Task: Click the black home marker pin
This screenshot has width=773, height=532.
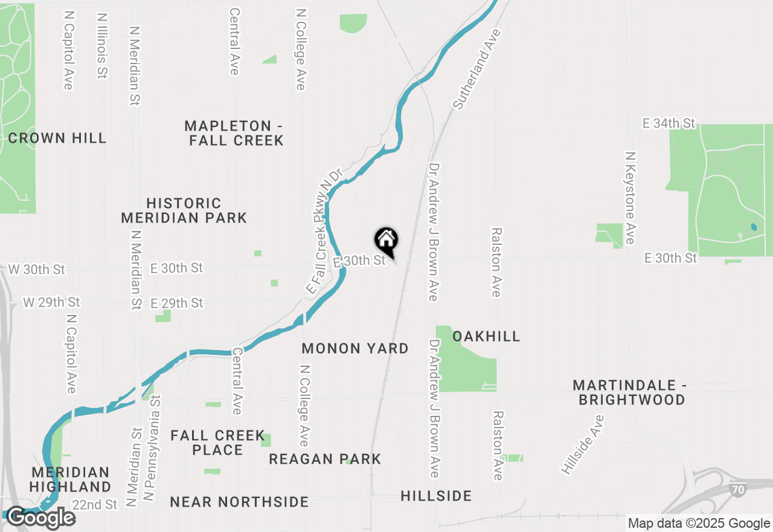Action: coord(386,241)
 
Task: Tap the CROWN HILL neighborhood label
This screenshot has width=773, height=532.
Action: coord(57,138)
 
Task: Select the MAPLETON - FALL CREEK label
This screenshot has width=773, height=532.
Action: coord(234,133)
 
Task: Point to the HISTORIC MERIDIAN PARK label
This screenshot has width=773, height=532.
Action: coord(184,210)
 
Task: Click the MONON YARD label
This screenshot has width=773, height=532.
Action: coord(355,348)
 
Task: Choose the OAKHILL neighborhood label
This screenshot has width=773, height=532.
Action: coord(486,336)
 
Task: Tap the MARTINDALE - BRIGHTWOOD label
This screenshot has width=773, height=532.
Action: coord(629,392)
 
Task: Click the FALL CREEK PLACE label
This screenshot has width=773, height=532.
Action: coord(217,443)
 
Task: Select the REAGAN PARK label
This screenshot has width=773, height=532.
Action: coord(325,459)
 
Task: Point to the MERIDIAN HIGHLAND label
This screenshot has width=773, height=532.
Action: coord(71,479)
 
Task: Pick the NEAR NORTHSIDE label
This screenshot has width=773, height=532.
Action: coord(239,502)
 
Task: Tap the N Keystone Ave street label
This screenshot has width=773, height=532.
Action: coord(630,198)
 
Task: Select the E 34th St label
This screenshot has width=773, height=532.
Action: coord(669,123)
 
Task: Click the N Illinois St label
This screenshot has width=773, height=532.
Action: coord(101,45)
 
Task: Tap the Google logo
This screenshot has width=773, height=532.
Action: coord(40,517)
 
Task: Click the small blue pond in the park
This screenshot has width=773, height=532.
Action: coord(752,228)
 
